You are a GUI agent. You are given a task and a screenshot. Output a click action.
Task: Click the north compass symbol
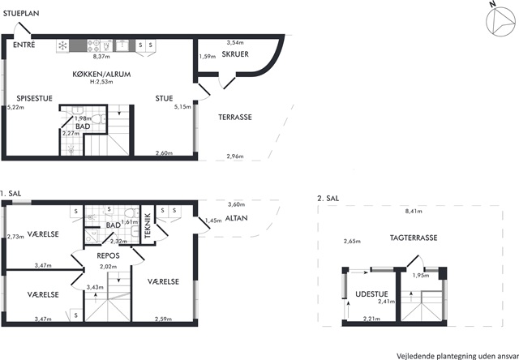pos(500,21)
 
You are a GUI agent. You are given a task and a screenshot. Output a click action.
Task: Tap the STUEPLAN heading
pos(21,14)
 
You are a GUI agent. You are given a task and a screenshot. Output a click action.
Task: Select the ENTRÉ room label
pos(24,45)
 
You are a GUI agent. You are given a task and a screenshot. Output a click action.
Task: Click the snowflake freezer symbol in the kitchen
pos(62,45)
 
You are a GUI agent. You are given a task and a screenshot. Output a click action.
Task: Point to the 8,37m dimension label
pos(101,56)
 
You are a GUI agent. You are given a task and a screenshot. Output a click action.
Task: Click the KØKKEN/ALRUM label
pos(101,74)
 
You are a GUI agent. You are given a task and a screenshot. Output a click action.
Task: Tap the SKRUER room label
pos(235,54)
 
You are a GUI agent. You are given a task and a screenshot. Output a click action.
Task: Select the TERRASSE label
pos(235,117)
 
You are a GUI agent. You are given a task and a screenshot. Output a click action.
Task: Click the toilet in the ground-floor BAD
pos(98,119)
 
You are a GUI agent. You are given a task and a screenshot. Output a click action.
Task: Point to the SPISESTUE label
pos(34,98)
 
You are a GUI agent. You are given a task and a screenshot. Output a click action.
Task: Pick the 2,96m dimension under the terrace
pos(235,156)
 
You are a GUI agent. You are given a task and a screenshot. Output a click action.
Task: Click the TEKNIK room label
pos(148,225)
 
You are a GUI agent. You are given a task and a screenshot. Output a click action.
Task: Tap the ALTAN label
pos(236,218)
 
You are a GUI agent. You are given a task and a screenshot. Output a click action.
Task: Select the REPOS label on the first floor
pos(108,255)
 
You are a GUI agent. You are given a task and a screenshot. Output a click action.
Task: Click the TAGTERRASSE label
pos(414,238)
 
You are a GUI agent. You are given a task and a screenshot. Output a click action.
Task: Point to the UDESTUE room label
pos(371,294)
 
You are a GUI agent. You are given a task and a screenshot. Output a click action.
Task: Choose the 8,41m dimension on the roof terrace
pos(414,211)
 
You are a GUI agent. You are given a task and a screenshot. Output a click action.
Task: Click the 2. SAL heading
pos(328,198)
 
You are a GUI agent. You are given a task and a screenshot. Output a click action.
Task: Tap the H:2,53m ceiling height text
pos(101,82)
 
